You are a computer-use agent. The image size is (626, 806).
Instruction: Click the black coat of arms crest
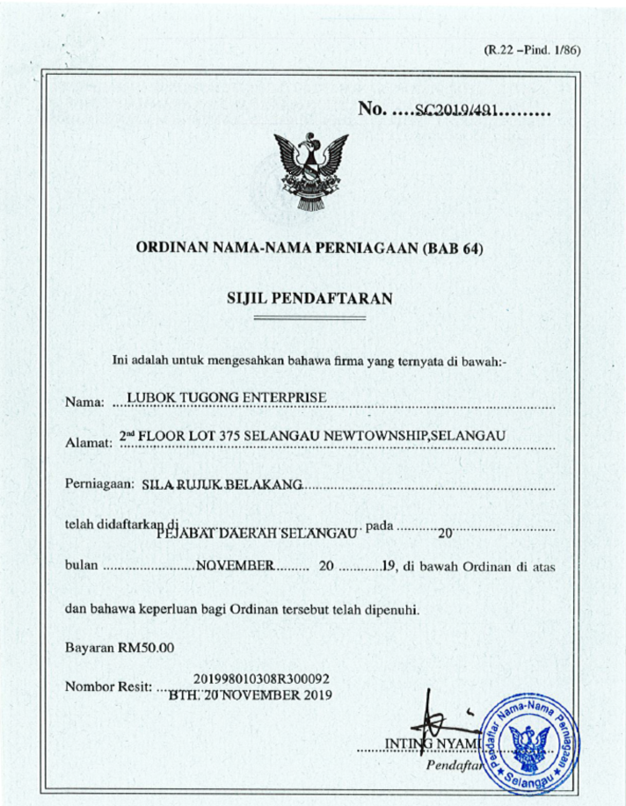point(309,172)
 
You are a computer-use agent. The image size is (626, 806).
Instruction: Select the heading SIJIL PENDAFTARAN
point(309,298)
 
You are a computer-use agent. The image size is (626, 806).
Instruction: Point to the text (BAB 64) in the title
point(452,249)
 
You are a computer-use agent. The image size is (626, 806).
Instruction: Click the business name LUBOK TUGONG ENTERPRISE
point(227,399)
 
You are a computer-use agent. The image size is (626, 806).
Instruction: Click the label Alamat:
point(89,441)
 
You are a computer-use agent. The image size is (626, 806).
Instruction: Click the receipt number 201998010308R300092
point(260,679)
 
